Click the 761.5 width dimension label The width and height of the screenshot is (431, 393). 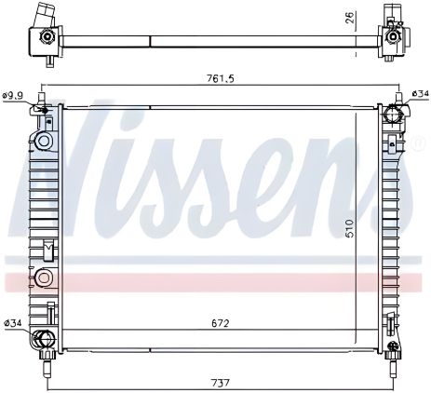coord(220,78)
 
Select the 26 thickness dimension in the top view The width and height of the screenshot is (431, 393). coord(348,19)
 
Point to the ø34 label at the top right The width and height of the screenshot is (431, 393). coord(419,94)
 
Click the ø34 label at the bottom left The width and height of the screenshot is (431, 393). coord(14,323)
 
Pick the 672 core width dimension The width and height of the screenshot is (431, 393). coord(220,323)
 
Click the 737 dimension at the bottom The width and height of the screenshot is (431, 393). coord(220,381)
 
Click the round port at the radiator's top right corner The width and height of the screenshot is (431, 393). coord(394,116)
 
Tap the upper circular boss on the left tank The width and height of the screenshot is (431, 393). coord(42,142)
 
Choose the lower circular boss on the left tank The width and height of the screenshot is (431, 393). coord(41,277)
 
